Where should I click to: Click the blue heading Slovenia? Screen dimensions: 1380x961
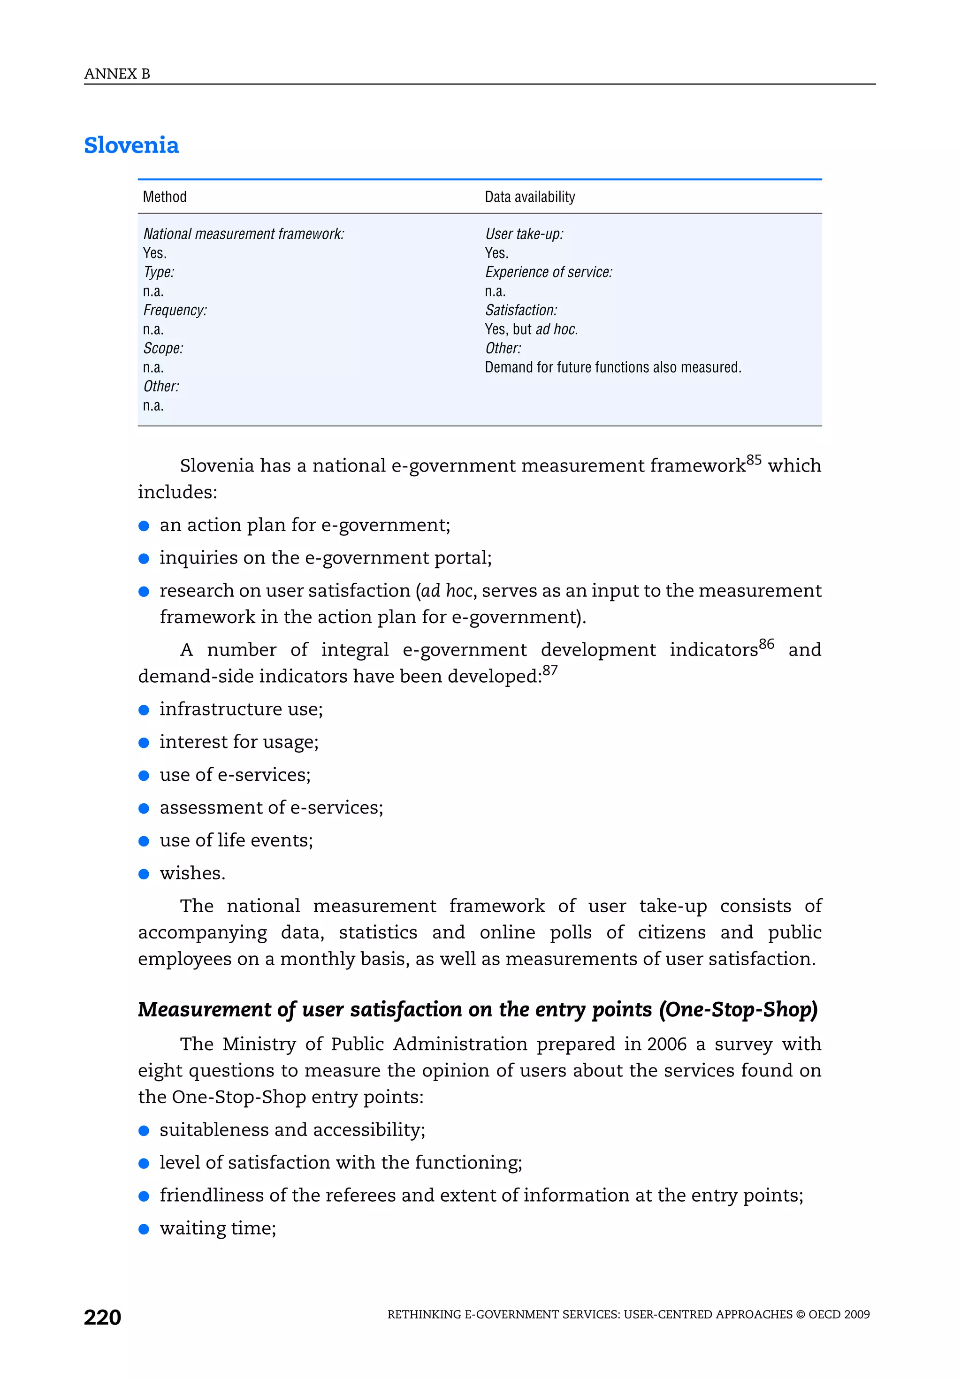click(x=131, y=145)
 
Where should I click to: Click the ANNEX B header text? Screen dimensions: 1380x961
click(x=117, y=74)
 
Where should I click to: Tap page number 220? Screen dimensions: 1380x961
click(x=102, y=1317)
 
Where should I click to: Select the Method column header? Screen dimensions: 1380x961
click(x=165, y=197)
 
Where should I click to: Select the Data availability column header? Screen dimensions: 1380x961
click(x=529, y=197)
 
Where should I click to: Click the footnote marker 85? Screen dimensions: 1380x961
click(x=753, y=460)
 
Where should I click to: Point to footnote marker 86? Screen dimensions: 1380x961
click(x=766, y=644)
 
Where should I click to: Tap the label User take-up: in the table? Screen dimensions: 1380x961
click(x=524, y=235)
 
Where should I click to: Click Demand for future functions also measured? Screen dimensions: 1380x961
click(x=613, y=367)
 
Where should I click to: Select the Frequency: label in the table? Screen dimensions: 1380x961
click(x=175, y=310)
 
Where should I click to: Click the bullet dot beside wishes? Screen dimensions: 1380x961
click(x=144, y=874)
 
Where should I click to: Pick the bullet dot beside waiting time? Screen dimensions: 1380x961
click(x=144, y=1228)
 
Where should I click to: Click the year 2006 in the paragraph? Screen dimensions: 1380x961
click(x=667, y=1044)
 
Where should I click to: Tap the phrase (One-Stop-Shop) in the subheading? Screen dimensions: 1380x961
click(x=738, y=1009)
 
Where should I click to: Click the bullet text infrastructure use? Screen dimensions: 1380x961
click(x=241, y=709)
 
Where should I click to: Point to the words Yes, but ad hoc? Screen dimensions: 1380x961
click(x=531, y=329)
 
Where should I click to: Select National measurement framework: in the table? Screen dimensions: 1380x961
click(x=244, y=235)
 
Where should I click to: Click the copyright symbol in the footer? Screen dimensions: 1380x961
click(x=800, y=1314)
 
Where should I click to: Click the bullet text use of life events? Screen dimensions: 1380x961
click(x=236, y=840)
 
